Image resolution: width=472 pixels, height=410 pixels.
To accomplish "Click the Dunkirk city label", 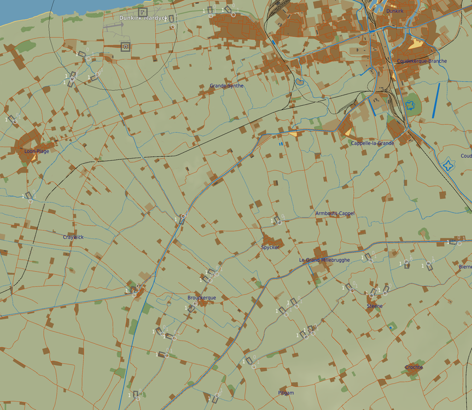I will tap(394, 11).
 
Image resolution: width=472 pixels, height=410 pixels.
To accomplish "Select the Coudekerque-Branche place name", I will tap(422, 61).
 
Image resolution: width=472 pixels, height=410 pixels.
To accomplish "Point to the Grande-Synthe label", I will tap(226, 86).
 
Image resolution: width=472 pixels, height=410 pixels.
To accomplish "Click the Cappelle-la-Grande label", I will tap(372, 143).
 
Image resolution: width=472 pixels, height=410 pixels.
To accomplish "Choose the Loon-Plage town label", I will tap(37, 151).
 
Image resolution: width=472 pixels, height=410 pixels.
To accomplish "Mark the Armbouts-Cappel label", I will tap(335, 213).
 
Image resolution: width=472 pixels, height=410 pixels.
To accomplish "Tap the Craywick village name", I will tap(73, 237).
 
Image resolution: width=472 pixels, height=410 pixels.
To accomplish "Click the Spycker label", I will tap(270, 247).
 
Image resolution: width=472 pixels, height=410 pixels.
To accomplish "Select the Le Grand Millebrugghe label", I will tap(324, 260).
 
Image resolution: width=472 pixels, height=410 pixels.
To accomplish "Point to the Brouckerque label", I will tap(201, 298).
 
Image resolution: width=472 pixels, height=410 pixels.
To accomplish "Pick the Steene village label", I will tap(375, 306).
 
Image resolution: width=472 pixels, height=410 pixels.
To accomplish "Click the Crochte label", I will tap(414, 367).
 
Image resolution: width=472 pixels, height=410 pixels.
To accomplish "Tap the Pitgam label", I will tap(285, 393).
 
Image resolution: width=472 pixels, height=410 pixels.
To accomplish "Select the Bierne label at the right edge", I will tap(465, 267).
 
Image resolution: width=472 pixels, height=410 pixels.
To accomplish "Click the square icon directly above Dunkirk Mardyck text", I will tap(143, 10).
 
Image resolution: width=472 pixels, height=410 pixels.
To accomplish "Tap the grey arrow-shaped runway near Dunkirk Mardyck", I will tap(113, 25).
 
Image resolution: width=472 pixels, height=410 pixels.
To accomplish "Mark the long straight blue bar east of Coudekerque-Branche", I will tap(436, 100).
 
